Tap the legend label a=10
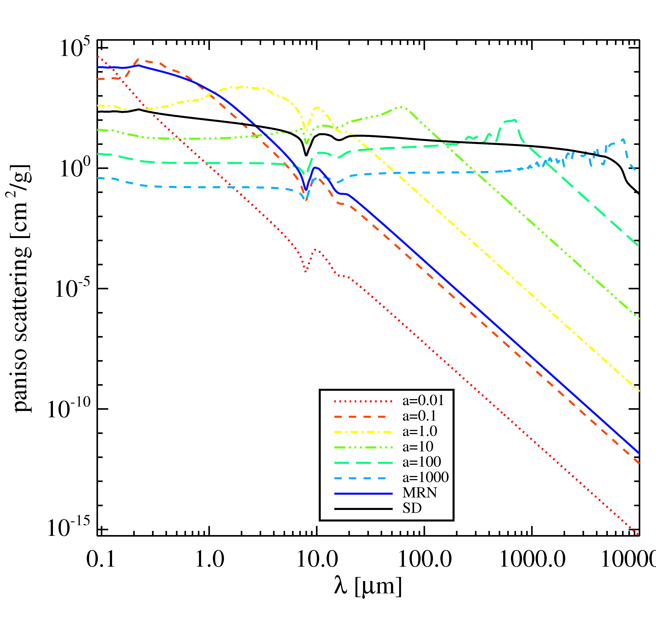(418, 447)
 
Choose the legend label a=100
(422, 462)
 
